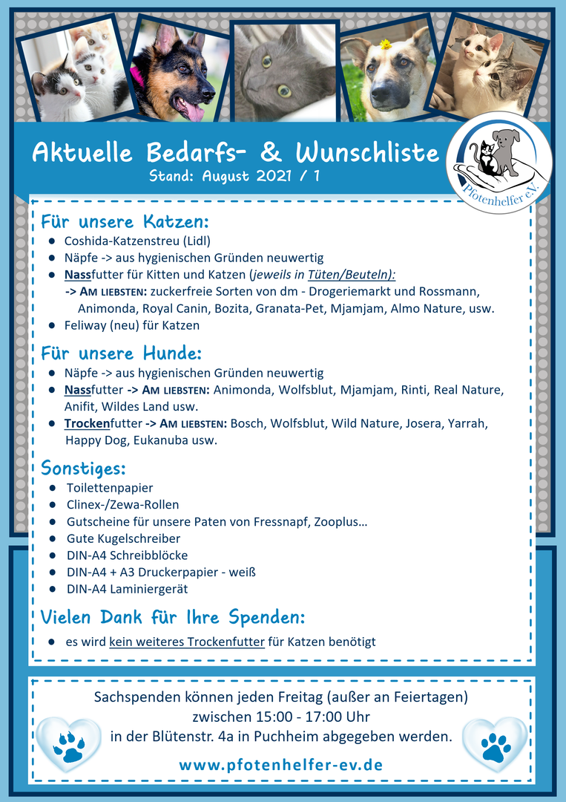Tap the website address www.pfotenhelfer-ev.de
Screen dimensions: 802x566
coord(281,764)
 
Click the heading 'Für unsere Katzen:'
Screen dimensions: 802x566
coord(125,222)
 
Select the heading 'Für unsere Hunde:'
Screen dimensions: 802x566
coord(121,353)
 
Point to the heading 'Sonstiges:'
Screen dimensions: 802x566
coord(83,469)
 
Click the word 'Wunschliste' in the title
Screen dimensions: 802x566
coord(367,152)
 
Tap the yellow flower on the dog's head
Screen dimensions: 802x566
coord(386,45)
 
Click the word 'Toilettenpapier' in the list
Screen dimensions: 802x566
coord(110,488)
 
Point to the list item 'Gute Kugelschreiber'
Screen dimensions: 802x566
coord(123,538)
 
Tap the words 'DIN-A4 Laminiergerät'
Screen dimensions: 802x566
coord(127,589)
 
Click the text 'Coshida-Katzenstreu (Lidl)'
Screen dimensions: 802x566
coord(137,241)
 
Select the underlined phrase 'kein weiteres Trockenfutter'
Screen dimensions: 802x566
coord(186,642)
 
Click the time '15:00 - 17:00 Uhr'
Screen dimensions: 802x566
coord(280,717)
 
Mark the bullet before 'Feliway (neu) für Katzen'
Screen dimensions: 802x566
coord(52,325)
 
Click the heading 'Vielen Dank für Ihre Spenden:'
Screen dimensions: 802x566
coord(172,618)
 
